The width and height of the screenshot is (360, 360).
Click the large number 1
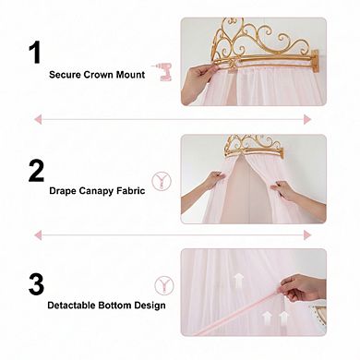[x=35, y=52]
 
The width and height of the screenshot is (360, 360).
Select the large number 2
[x=37, y=170]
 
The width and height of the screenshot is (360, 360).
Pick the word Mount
[x=130, y=74]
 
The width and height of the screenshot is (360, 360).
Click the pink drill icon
[x=165, y=71]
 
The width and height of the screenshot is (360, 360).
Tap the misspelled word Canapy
[x=97, y=192]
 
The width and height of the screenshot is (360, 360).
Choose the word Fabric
[x=133, y=192]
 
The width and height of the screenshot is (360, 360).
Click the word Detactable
[x=75, y=305]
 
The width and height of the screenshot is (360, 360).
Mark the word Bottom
[x=122, y=305]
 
